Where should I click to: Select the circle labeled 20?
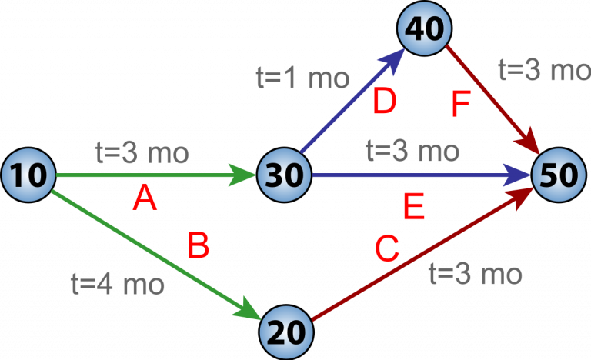pos(286,333)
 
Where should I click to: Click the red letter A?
pos(144,200)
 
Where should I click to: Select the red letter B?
pos(199,247)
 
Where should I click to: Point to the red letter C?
pos(386,248)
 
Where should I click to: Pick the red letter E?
pos(414,208)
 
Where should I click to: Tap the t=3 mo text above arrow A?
pos(142,152)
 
